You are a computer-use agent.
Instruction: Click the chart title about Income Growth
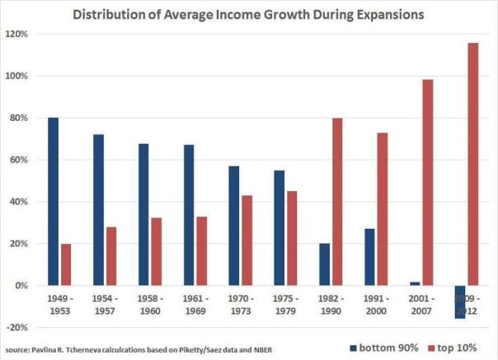click(x=248, y=14)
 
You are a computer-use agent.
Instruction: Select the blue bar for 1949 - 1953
click(x=54, y=201)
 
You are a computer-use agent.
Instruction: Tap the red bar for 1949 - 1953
click(x=67, y=264)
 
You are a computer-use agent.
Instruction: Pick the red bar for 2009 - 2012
click(x=472, y=164)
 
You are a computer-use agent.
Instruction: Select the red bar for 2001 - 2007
click(x=427, y=182)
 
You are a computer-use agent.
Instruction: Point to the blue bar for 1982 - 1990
click(x=324, y=264)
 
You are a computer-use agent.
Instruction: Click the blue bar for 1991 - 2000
click(x=369, y=257)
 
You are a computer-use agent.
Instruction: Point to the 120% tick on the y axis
click(x=16, y=34)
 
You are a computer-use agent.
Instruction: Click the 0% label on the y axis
click(x=20, y=286)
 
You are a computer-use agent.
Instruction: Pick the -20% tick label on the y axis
click(x=16, y=328)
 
